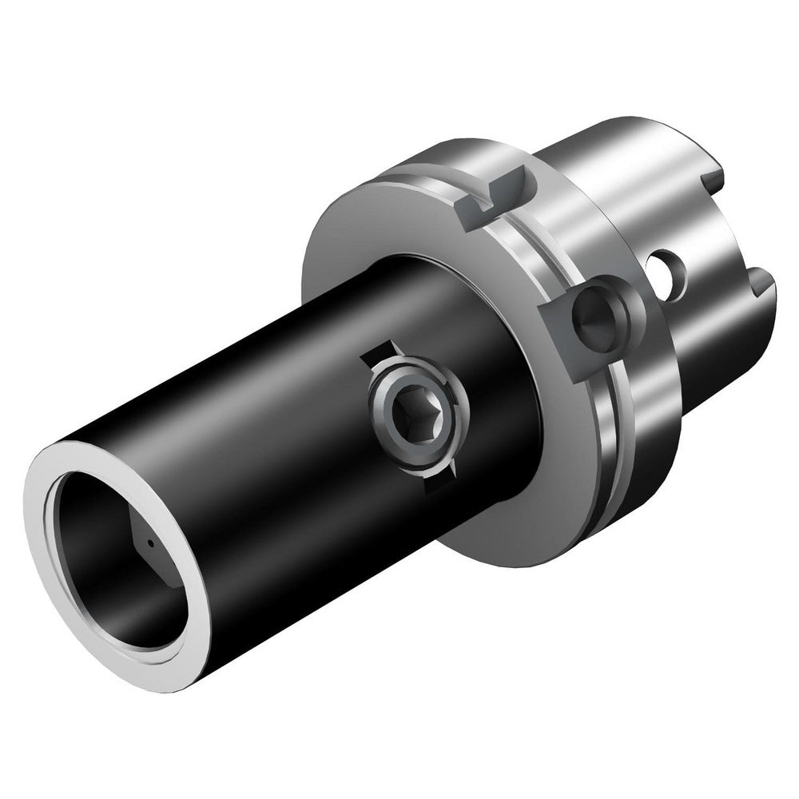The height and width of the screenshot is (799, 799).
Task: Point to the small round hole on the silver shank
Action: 665,272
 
